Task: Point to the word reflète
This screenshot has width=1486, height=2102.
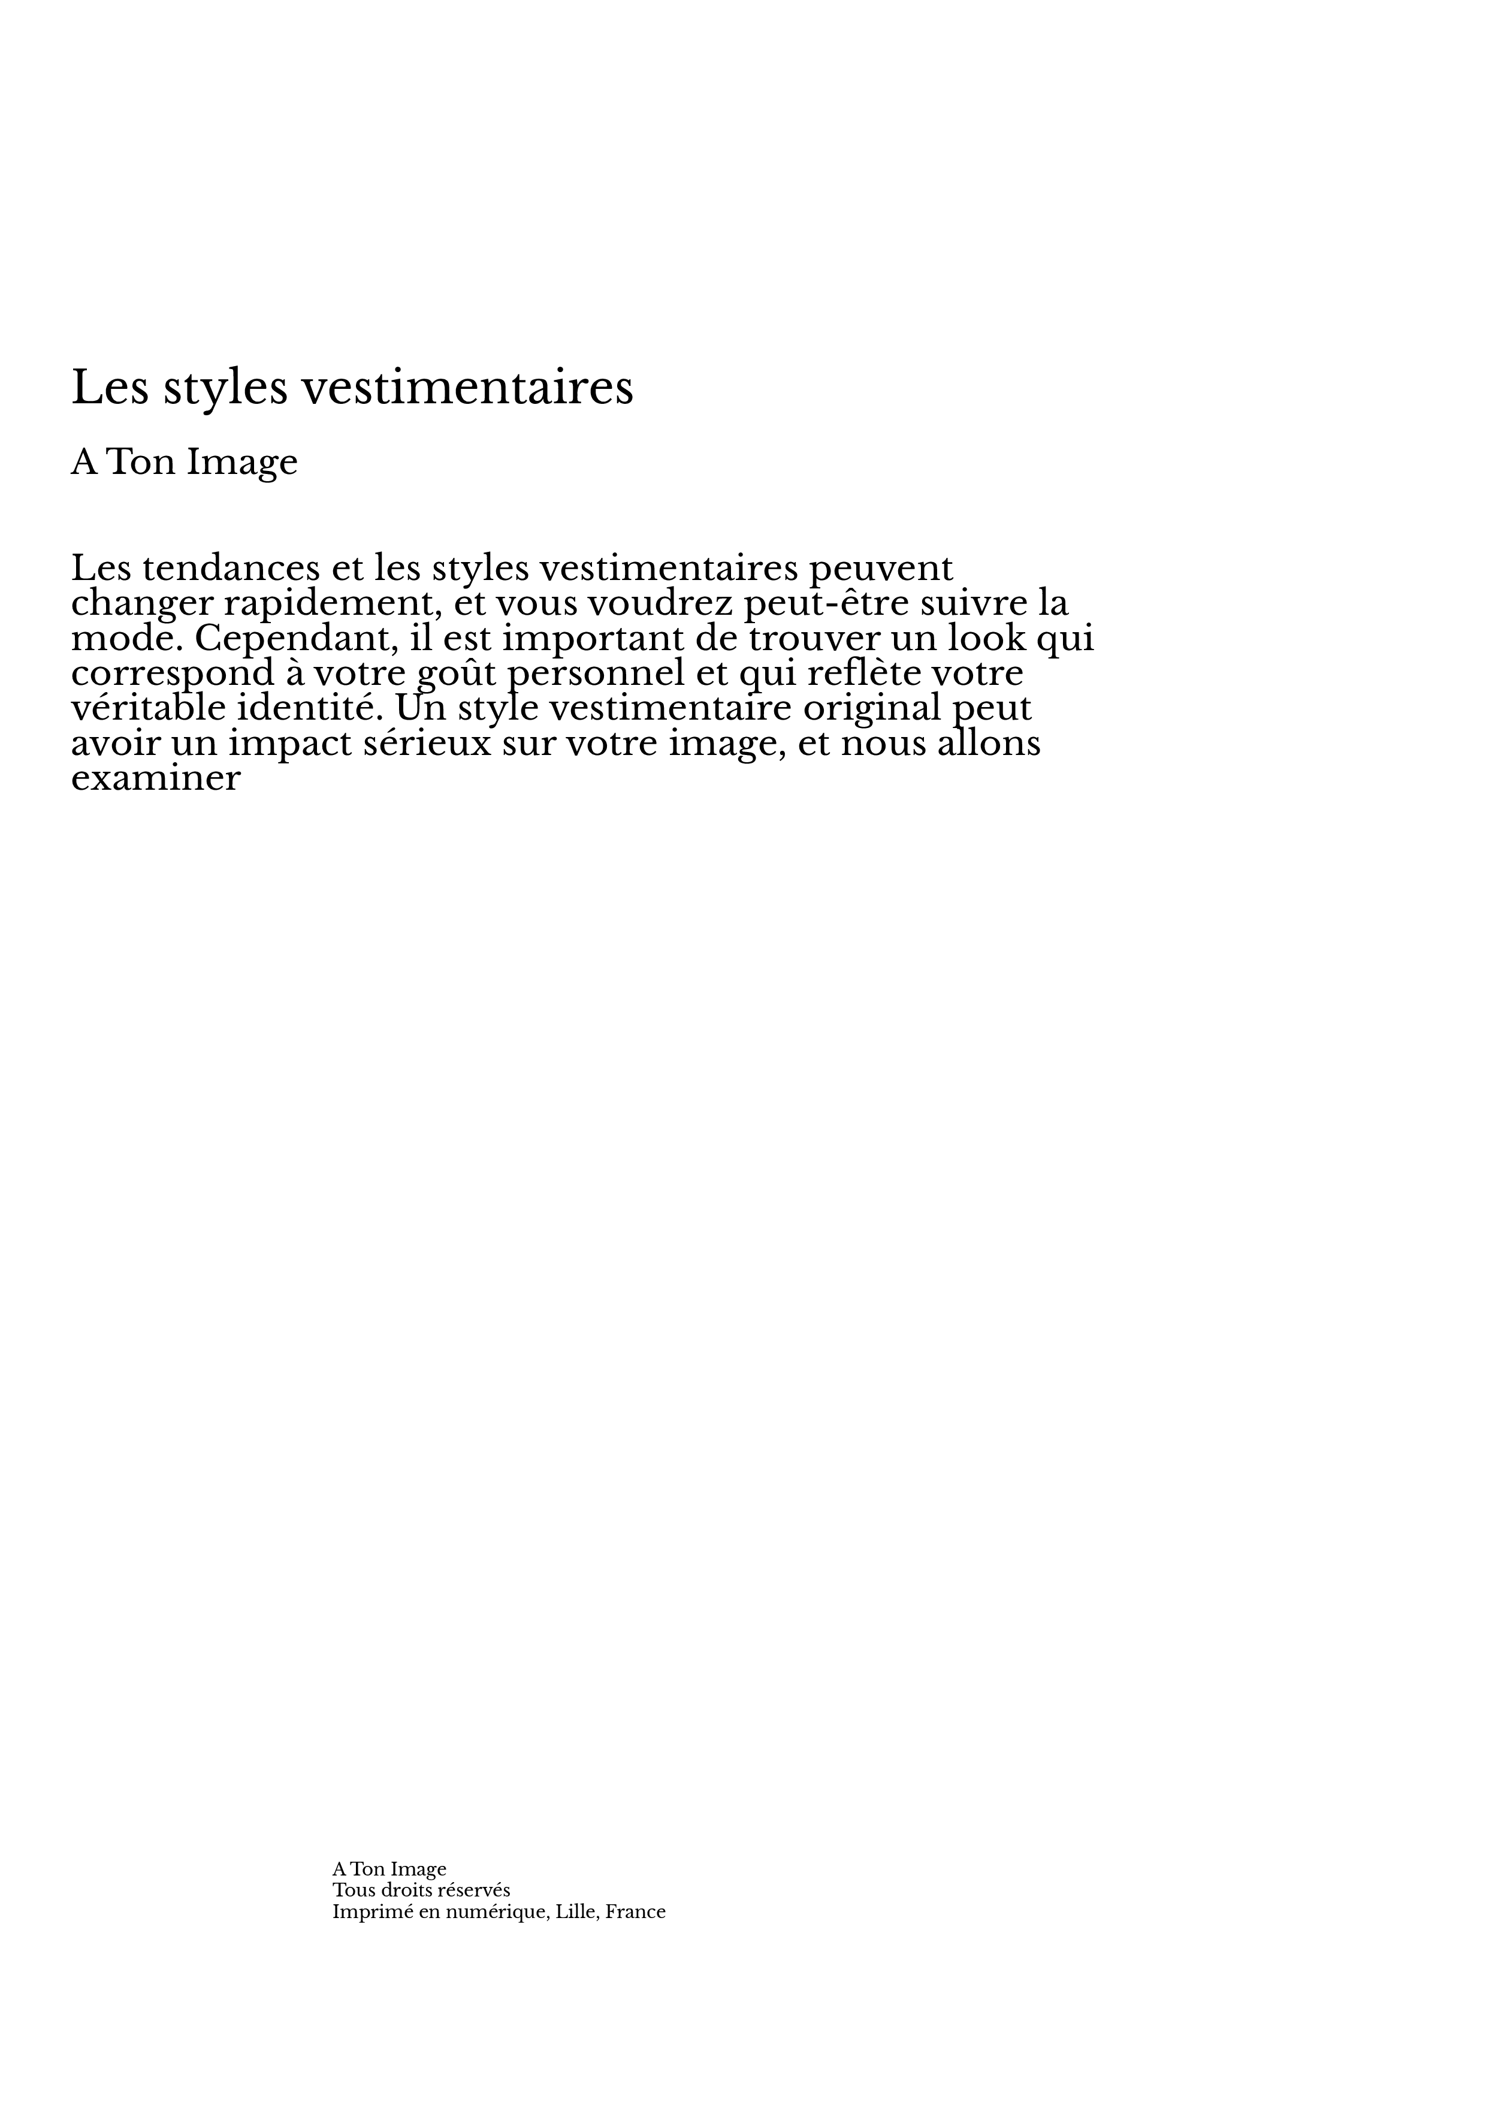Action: [x=863, y=674]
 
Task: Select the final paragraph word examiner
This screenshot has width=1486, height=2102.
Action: [x=156, y=779]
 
